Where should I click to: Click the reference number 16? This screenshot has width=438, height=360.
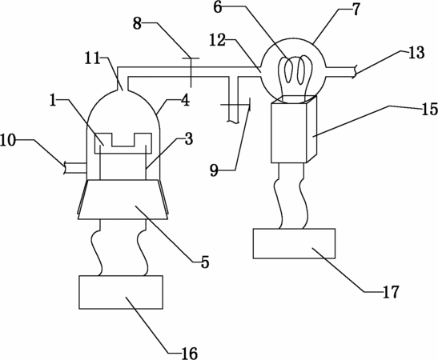(190, 354)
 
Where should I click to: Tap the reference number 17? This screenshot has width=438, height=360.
(391, 292)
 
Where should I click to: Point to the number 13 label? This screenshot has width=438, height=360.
(416, 53)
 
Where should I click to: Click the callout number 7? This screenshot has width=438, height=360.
(356, 10)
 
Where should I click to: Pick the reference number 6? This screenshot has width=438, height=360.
(218, 7)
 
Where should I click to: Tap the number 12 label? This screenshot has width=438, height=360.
(218, 41)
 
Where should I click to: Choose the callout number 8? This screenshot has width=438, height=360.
(137, 24)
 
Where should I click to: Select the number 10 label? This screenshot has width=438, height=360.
(8, 141)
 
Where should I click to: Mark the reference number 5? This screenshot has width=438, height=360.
(205, 262)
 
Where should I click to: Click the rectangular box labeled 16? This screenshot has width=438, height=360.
(121, 292)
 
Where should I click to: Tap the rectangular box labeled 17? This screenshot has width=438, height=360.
(294, 244)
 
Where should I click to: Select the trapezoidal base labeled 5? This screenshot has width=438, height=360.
(123, 199)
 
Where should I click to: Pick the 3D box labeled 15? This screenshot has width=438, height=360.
(295, 129)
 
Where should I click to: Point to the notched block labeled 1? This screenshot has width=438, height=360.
(123, 143)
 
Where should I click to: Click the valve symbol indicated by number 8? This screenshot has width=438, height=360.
(191, 72)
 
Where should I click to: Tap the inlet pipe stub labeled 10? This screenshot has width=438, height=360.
(74, 168)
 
